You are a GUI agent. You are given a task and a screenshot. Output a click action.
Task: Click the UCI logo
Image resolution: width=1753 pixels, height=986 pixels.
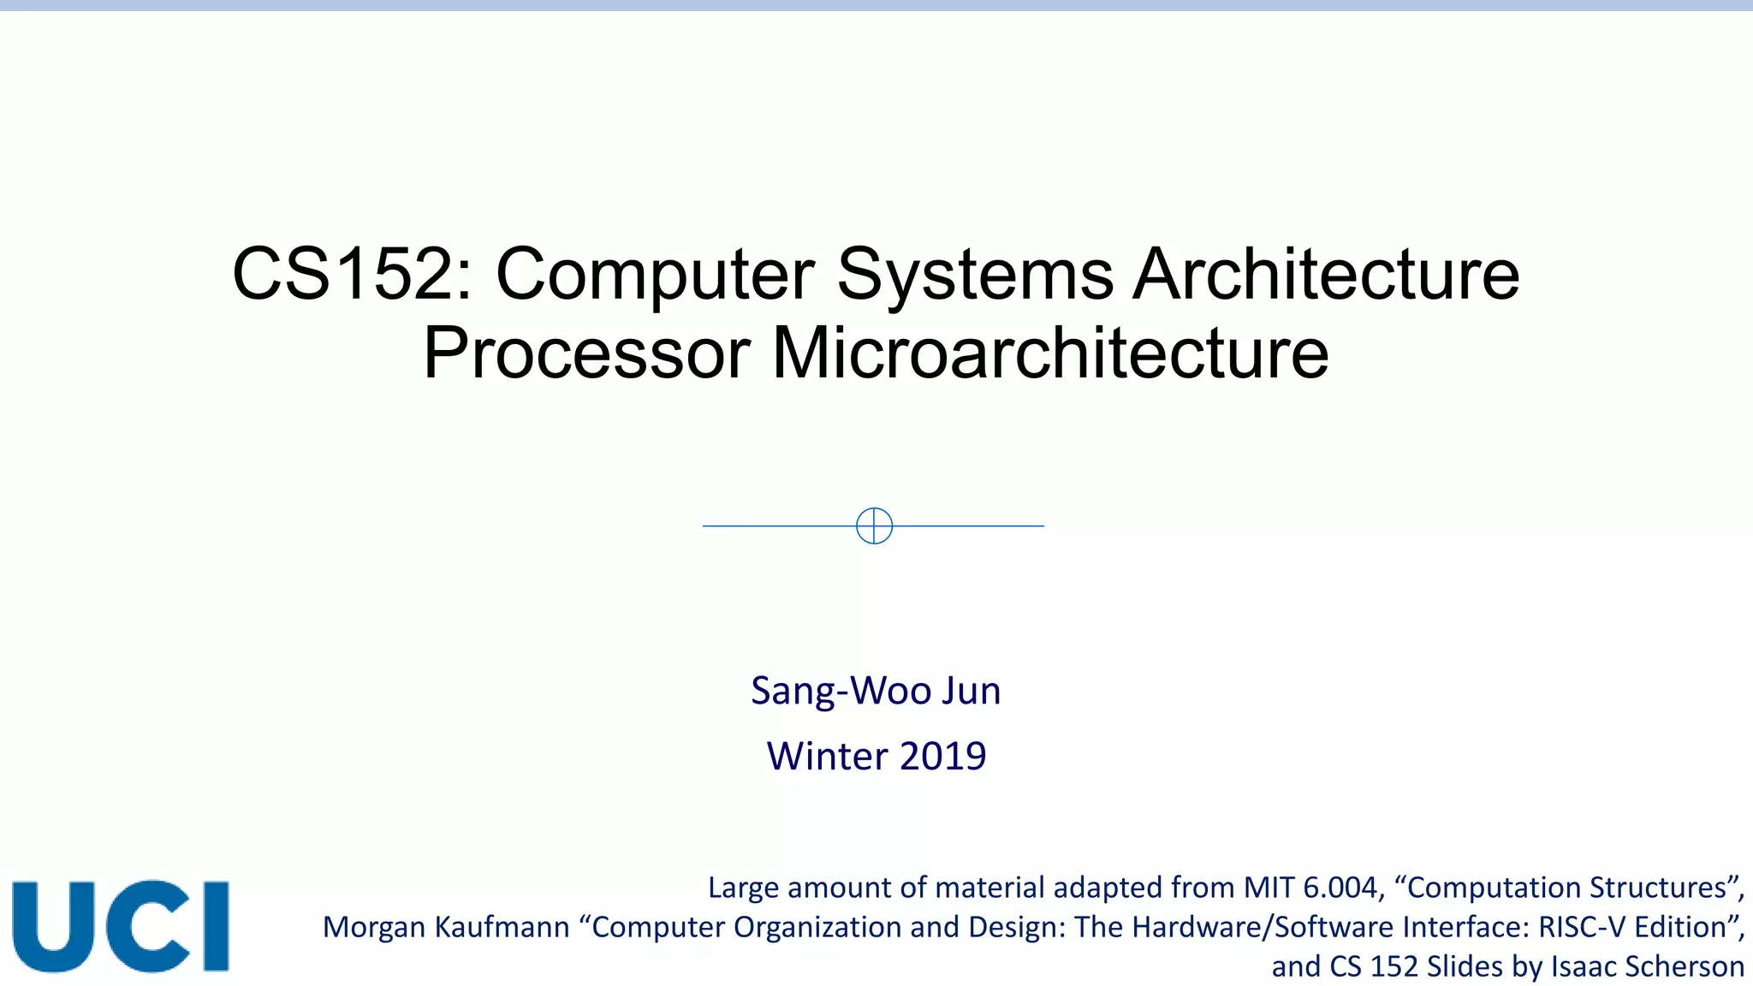tap(121, 926)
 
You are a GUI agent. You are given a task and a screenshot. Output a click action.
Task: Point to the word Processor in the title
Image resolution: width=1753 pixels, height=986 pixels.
tap(586, 353)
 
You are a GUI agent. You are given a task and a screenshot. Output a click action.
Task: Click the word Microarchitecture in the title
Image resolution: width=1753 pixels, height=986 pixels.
tap(1050, 353)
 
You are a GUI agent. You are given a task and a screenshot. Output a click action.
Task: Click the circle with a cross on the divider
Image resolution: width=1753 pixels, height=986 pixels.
tap(874, 526)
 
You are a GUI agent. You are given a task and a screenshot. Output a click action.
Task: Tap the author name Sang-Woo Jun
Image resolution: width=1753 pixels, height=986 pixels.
tap(876, 691)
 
